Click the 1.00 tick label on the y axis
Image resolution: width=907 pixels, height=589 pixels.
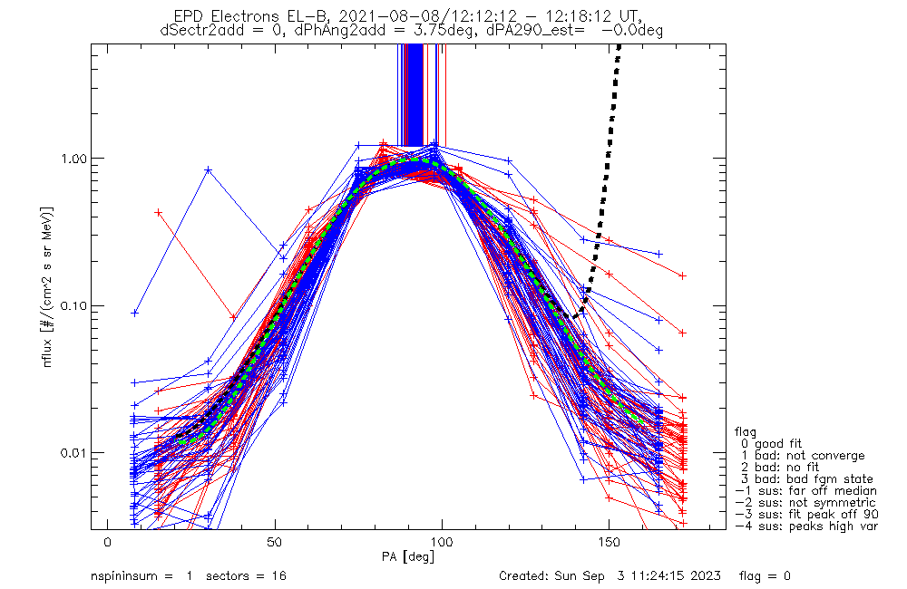tap(73, 158)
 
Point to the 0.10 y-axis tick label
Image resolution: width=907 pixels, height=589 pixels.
tap(73, 305)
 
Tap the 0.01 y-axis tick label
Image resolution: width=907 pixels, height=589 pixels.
tap(73, 452)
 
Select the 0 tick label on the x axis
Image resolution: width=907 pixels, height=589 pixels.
tap(108, 542)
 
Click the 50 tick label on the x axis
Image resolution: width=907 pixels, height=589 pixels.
tap(275, 542)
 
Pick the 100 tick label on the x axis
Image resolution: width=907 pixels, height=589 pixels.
tap(442, 542)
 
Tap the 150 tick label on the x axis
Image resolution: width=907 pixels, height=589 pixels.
tap(610, 542)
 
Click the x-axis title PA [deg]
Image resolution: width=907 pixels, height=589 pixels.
tap(408, 556)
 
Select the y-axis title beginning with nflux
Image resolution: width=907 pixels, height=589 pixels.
tap(48, 286)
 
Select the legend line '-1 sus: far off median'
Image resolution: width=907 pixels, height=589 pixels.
tap(805, 491)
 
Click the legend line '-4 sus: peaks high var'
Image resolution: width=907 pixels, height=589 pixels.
tap(806, 526)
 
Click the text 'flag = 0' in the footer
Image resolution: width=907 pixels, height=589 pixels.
tap(765, 575)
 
